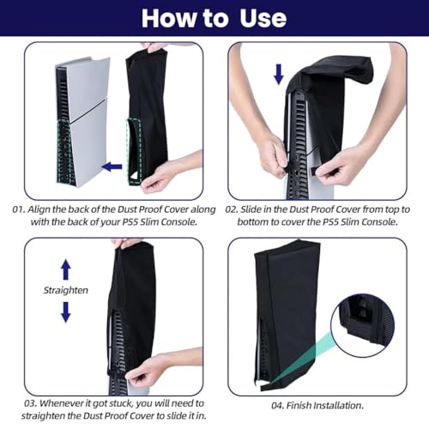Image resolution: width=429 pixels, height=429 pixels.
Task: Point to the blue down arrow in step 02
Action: [x=278, y=76]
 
